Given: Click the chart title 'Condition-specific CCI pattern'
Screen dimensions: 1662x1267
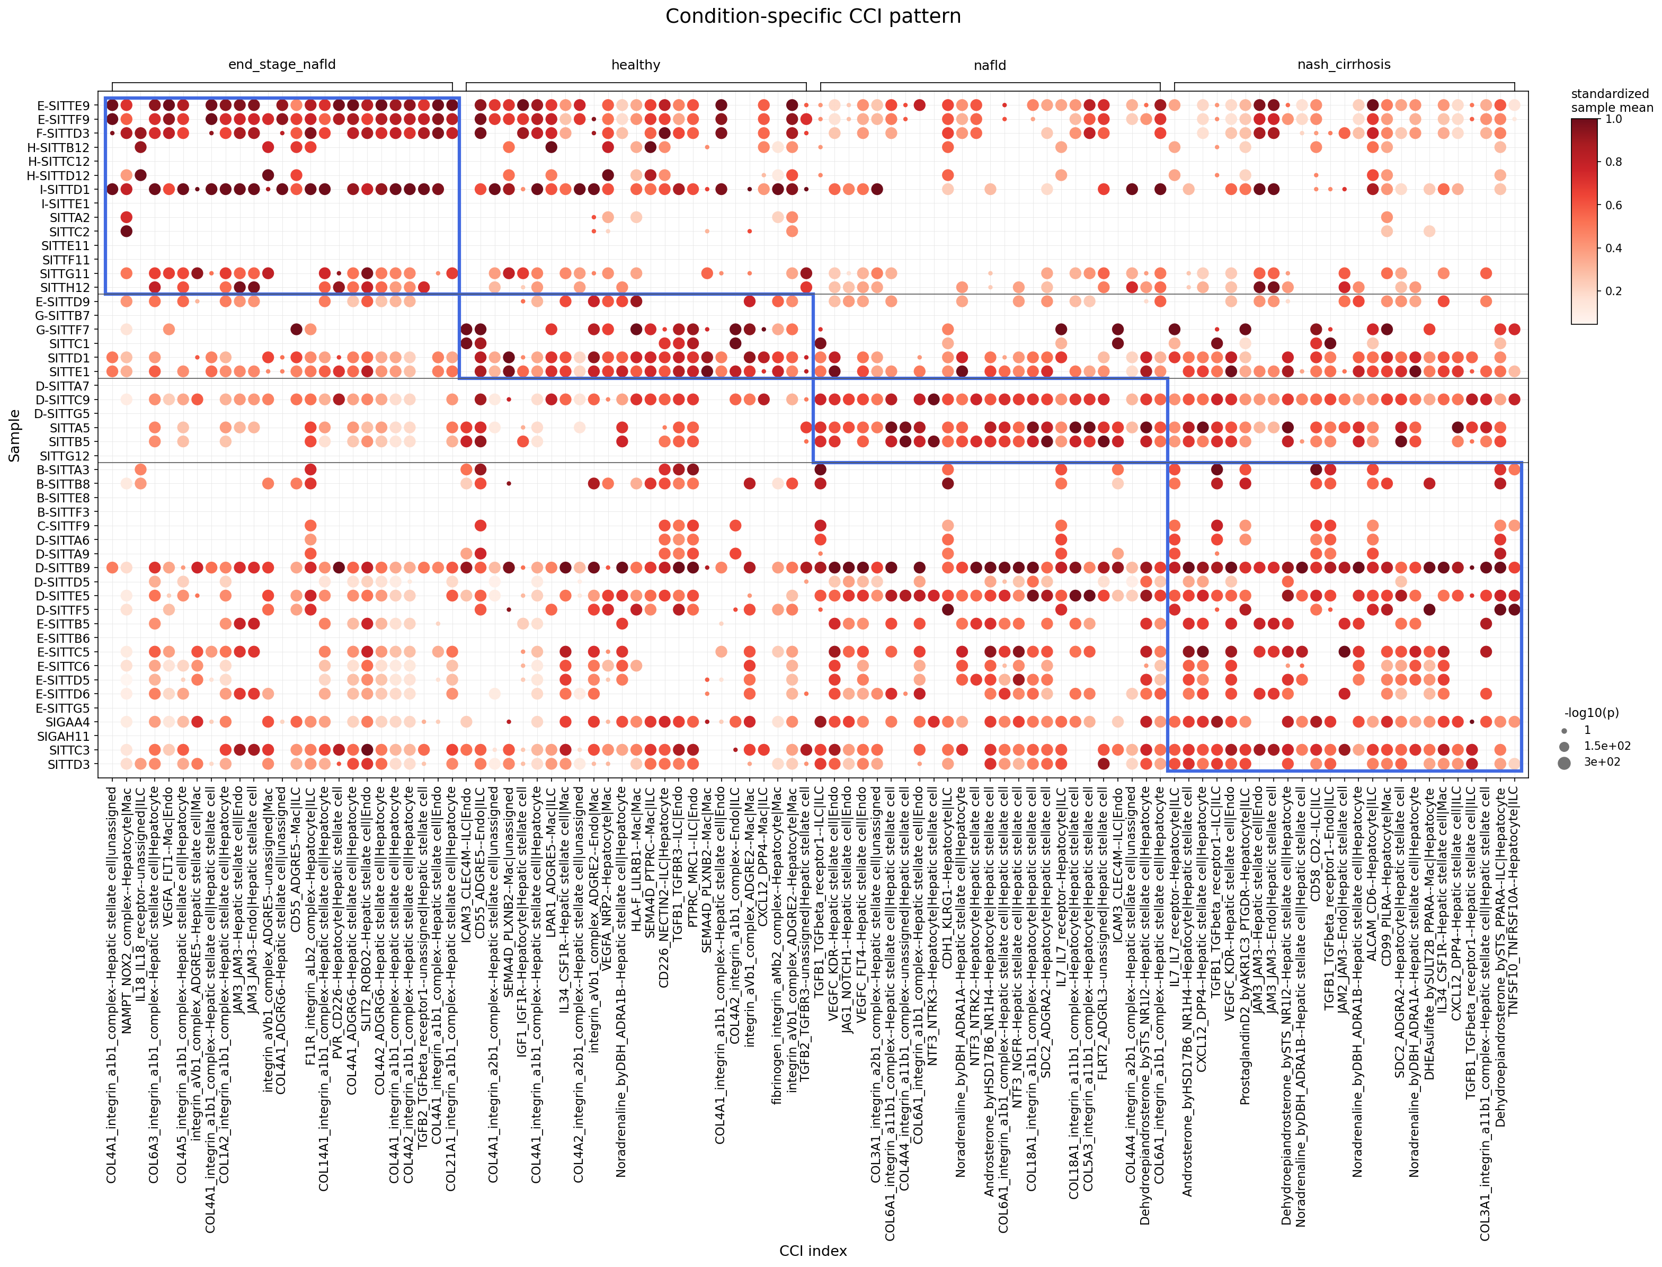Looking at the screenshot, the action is point(812,16).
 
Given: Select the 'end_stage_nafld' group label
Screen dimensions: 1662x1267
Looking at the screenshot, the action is point(282,65).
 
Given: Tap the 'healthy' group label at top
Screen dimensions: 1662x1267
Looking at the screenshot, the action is point(636,65).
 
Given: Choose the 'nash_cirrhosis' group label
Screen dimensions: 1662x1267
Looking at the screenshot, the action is point(1344,65).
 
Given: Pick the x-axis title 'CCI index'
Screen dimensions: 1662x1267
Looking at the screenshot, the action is point(812,1251).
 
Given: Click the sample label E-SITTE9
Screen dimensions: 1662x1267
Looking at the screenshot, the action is point(64,105).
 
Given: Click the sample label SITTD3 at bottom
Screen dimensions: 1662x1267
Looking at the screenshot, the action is point(69,764).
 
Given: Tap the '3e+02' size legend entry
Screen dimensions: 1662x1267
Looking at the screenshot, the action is point(1607,761).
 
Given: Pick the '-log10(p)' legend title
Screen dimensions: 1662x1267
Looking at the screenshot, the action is point(1591,713).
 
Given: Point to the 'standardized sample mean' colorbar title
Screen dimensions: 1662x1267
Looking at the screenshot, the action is point(1612,100).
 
